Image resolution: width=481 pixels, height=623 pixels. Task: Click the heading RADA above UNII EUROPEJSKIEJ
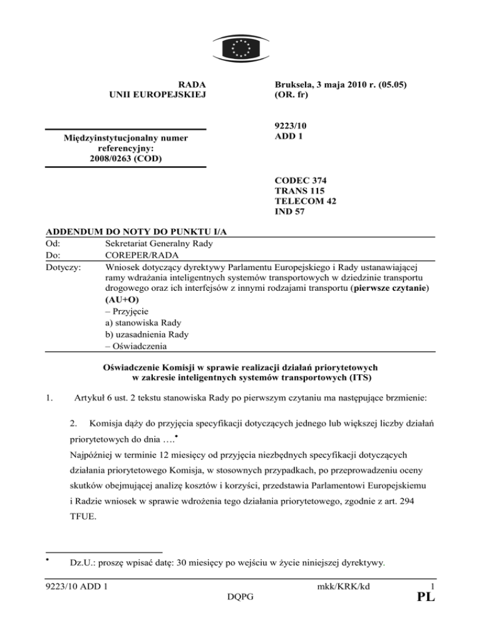192,83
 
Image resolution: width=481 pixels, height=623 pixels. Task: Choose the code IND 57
292,212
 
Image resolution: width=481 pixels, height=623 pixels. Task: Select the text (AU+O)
122,300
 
